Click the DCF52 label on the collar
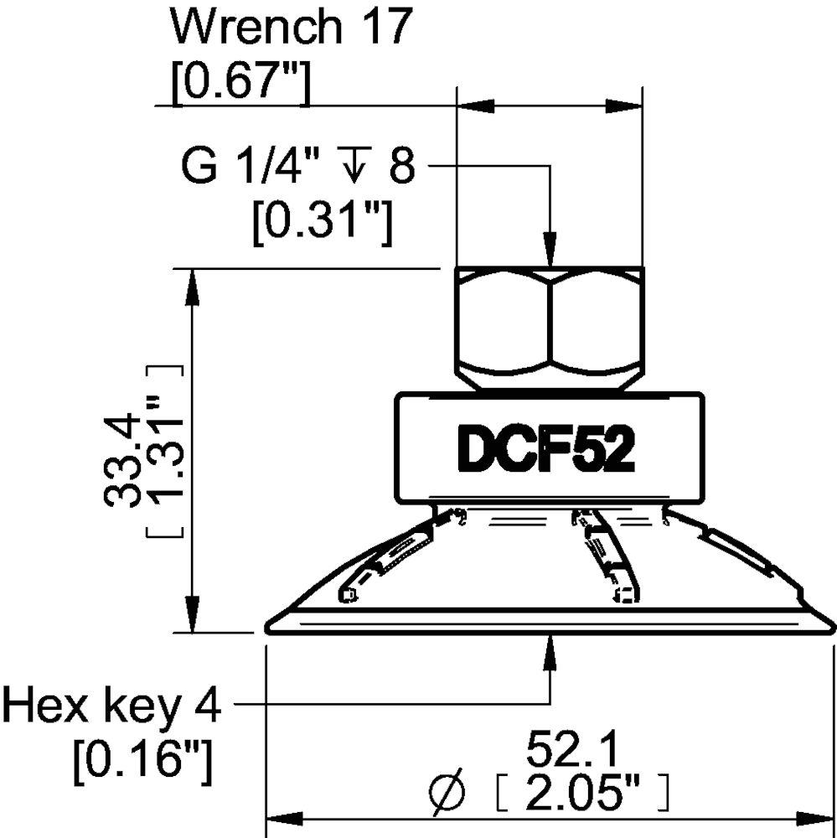coord(545,450)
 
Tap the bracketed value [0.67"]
coord(240,84)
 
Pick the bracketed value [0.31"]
coord(323,221)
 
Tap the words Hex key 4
coord(111,706)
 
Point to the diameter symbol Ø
coord(447,790)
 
